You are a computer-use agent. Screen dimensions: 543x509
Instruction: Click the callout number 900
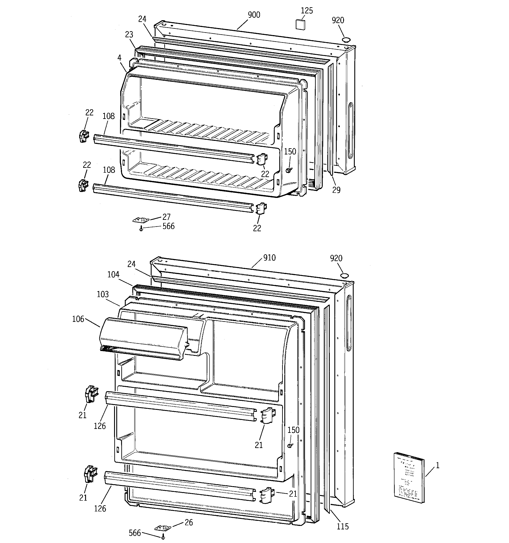254,15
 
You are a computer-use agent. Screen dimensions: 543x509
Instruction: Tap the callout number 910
269,258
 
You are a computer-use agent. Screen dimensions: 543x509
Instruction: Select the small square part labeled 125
300,24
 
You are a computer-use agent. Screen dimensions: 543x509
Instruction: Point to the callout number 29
336,190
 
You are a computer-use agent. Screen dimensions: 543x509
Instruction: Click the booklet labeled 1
409,477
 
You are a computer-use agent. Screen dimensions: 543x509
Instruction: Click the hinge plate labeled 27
141,220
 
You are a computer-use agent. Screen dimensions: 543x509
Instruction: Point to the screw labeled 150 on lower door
290,446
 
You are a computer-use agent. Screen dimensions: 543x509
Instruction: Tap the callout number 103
103,294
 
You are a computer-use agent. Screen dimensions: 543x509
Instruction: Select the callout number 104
113,274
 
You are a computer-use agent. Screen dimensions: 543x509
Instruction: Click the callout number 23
129,35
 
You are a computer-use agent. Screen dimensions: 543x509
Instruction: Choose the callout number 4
119,58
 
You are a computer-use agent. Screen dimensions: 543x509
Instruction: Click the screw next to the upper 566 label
141,229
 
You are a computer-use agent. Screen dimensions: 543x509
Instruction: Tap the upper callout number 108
108,116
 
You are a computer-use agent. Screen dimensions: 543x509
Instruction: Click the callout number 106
78,319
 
